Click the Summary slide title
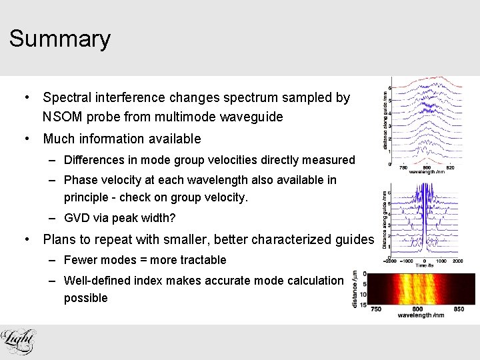pyautogui.click(x=59, y=39)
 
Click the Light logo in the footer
pyautogui.click(x=18, y=341)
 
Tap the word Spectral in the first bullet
pyautogui.click(x=68, y=97)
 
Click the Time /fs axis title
pyautogui.click(x=424, y=265)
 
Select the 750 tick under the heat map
pyautogui.click(x=375, y=309)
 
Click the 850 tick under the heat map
pyautogui.click(x=459, y=309)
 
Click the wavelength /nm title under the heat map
pyautogui.click(x=417, y=316)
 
